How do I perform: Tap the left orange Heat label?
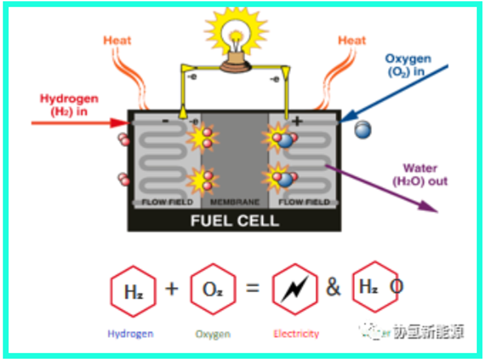(117, 40)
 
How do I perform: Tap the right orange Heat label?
(352, 40)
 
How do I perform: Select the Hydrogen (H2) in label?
(69, 105)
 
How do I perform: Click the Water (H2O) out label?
(419, 175)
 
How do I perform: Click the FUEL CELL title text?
(234, 221)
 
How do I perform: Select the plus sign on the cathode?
(297, 121)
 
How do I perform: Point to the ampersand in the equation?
(333, 287)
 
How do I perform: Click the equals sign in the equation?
(252, 288)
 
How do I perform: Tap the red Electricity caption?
(296, 334)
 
